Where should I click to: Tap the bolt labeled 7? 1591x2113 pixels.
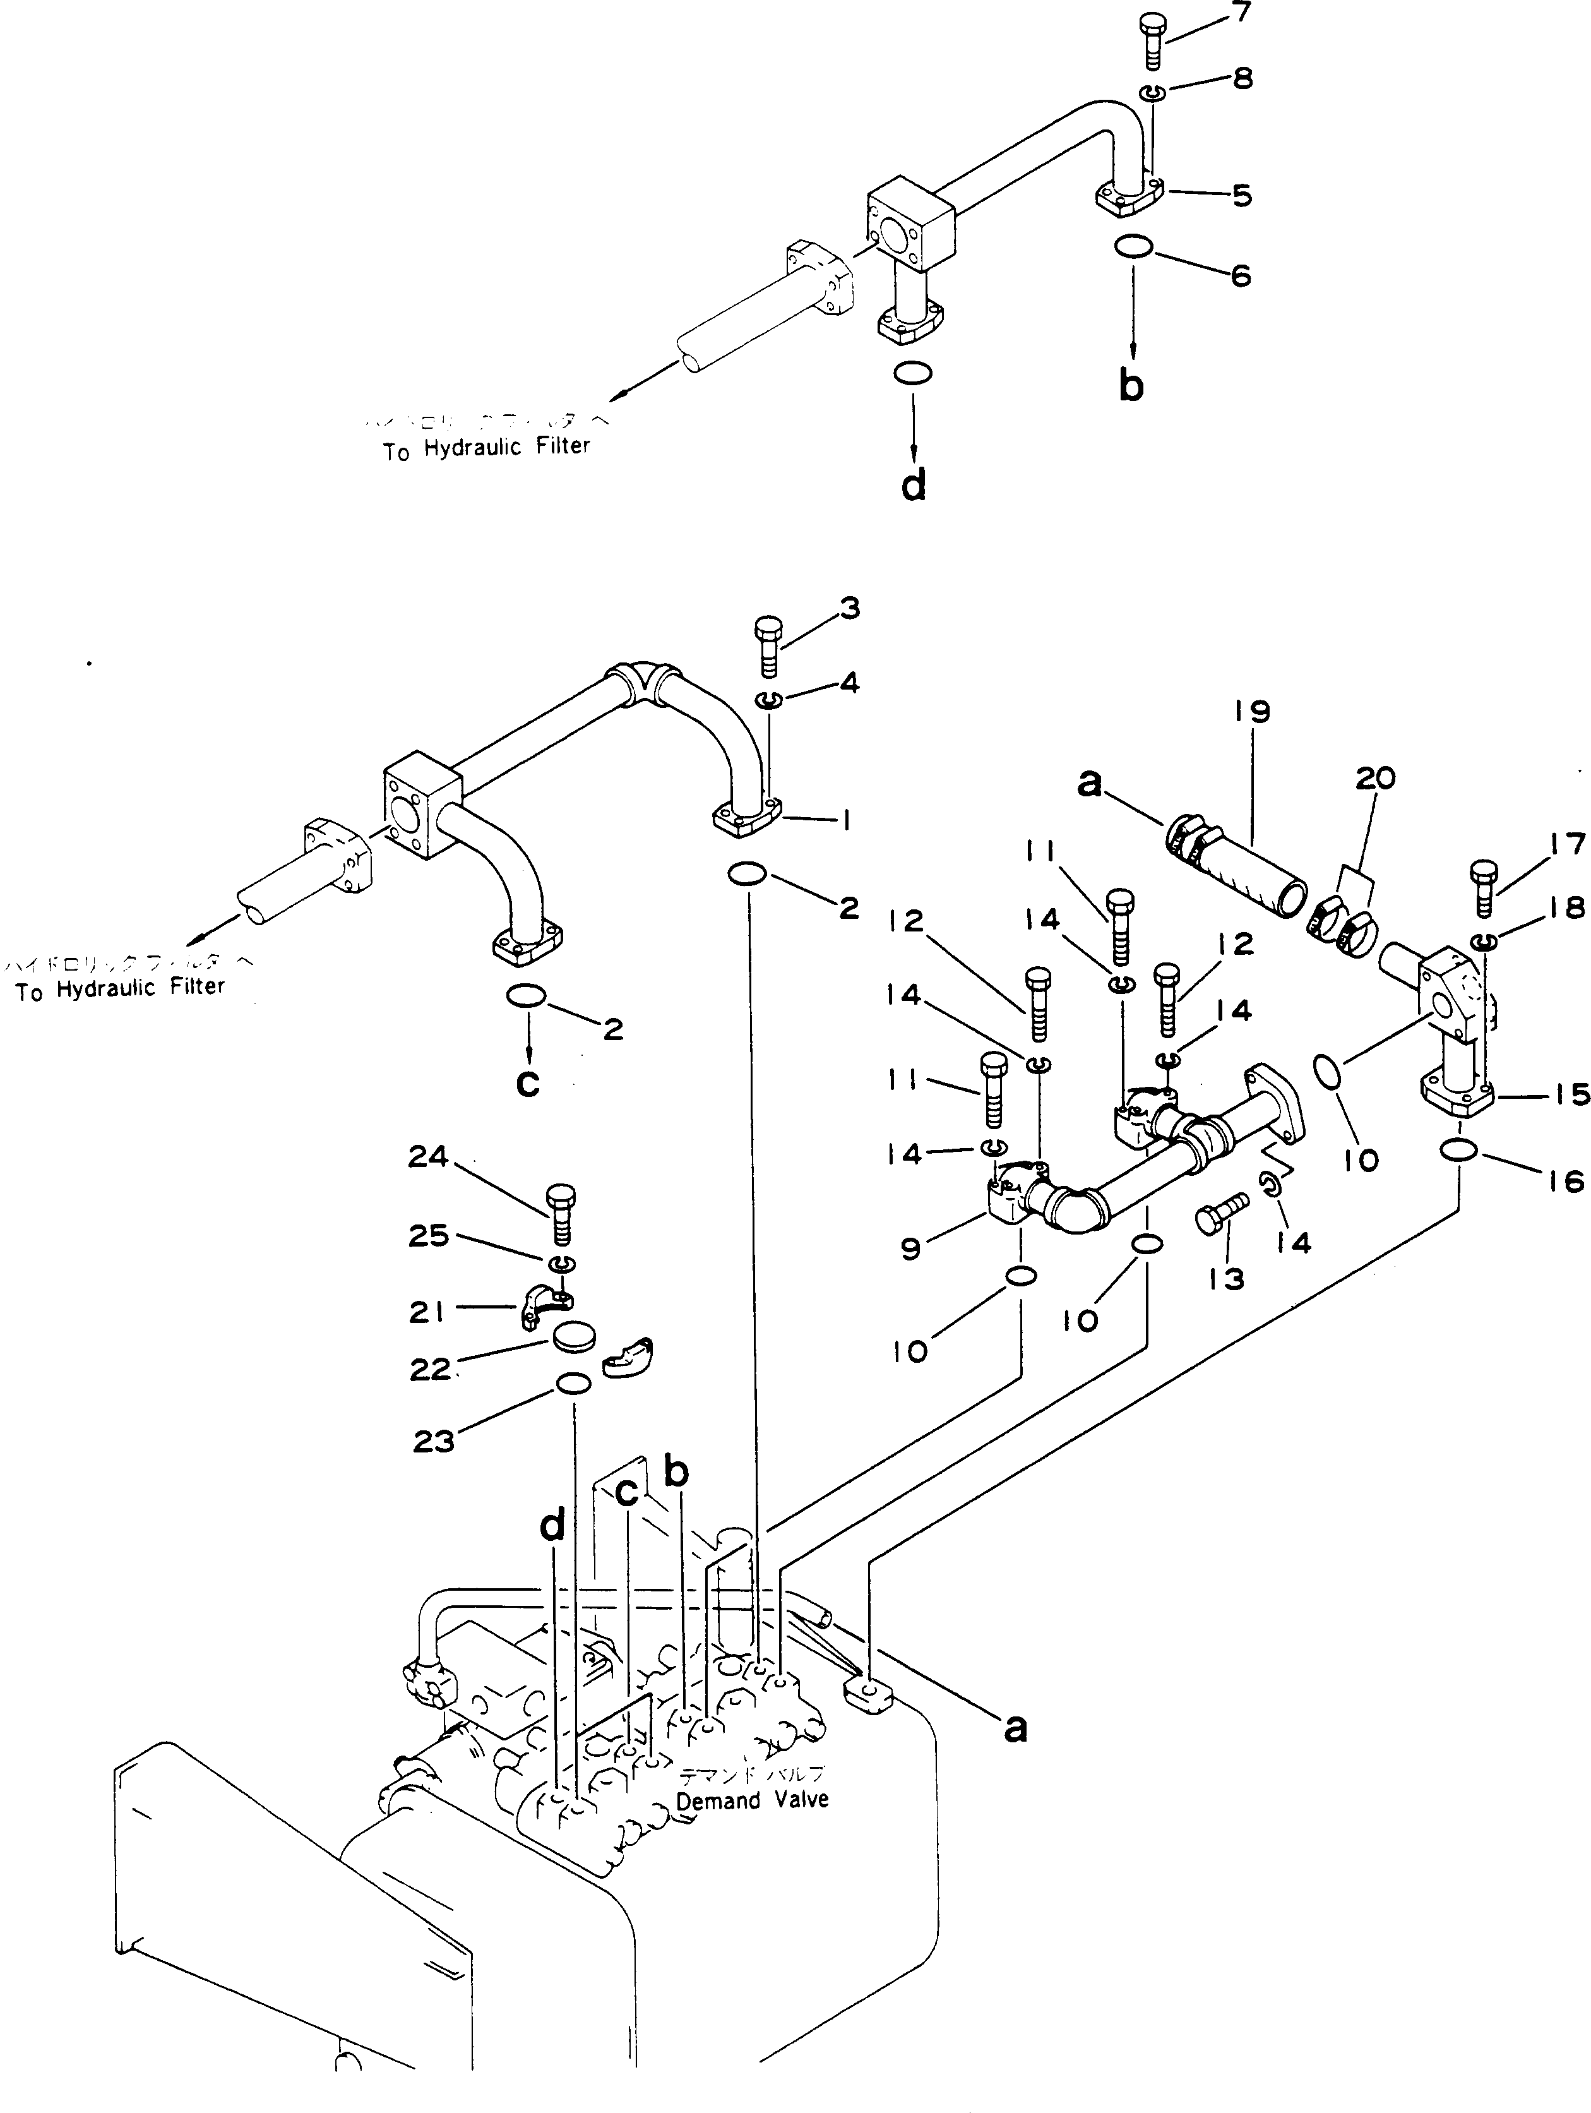[x=1153, y=40]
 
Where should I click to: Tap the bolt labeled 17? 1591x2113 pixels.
[x=1482, y=887]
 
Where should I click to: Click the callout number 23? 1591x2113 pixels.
[x=434, y=1442]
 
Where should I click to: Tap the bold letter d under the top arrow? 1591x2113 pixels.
[x=914, y=486]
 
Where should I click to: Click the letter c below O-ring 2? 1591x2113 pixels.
[x=527, y=1083]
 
